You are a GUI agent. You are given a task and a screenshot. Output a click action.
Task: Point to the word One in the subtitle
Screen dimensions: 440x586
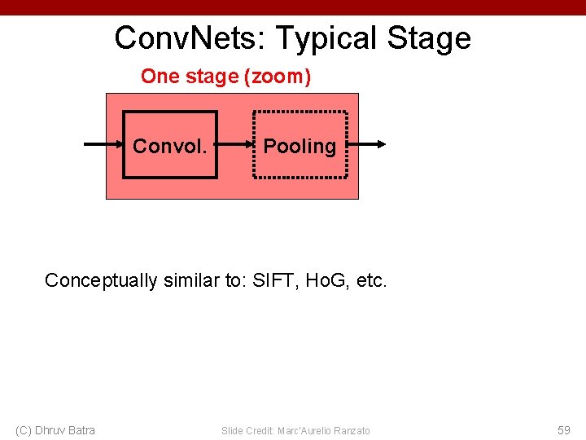(159, 77)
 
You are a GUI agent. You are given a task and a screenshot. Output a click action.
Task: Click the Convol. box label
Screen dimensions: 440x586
(169, 146)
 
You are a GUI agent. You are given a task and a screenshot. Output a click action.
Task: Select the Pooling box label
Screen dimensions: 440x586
(300, 146)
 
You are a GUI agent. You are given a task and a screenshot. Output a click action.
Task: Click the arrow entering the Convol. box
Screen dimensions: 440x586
(104, 145)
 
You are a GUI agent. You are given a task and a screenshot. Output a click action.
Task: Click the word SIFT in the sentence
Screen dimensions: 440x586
(273, 281)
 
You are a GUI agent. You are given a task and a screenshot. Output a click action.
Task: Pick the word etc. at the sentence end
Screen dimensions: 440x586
(372, 281)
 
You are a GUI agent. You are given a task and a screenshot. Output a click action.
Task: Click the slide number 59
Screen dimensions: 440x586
(563, 430)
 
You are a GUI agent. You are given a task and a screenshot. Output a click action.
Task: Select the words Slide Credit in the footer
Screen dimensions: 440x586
(247, 430)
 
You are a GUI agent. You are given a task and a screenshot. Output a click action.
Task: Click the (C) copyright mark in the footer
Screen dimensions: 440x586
(24, 430)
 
